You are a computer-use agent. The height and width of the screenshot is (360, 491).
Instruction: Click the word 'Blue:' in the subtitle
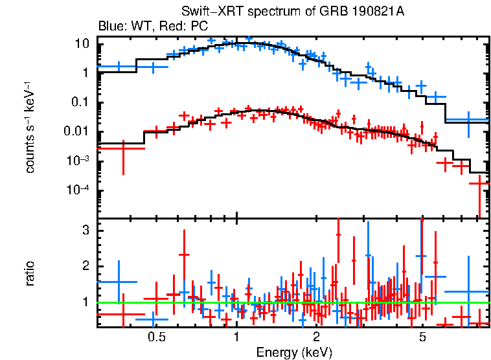pyautogui.click(x=111, y=27)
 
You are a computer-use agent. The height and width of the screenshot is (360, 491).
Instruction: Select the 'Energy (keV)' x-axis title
pyautogui.click(x=294, y=352)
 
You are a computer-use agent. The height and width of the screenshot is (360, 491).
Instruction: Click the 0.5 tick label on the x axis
pyautogui.click(x=155, y=337)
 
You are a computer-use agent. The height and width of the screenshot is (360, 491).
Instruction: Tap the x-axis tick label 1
pyautogui.click(x=236, y=337)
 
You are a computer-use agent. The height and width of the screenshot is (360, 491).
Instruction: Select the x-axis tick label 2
pyautogui.click(x=316, y=337)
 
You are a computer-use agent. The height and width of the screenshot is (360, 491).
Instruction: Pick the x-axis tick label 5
pyautogui.click(x=422, y=337)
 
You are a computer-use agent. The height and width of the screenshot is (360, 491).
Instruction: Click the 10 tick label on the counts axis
pyautogui.click(x=82, y=44)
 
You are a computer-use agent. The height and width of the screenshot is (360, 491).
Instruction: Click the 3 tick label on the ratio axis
pyautogui.click(x=85, y=231)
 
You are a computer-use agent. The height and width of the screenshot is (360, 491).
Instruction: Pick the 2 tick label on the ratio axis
pyautogui.click(x=85, y=266)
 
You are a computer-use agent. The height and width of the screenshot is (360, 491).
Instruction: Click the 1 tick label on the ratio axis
pyautogui.click(x=85, y=302)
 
